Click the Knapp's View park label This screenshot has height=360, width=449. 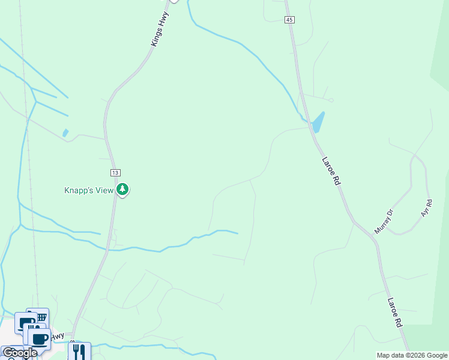click(x=89, y=191)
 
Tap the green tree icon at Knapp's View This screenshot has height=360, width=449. click(x=122, y=190)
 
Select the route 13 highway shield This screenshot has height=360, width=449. click(x=115, y=173)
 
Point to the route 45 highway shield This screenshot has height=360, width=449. click(x=290, y=20)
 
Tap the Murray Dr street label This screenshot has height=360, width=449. click(x=383, y=221)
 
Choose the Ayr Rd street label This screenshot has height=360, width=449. click(x=426, y=208)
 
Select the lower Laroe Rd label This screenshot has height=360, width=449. click(x=394, y=312)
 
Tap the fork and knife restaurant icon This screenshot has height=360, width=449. click(x=79, y=350)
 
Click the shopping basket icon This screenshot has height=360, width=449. click(x=41, y=316)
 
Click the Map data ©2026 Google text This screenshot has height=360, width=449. click(x=412, y=355)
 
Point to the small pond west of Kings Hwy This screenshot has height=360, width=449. click(x=65, y=133)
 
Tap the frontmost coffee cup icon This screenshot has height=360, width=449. click(x=40, y=339)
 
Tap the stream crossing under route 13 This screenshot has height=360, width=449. click(x=109, y=247)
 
